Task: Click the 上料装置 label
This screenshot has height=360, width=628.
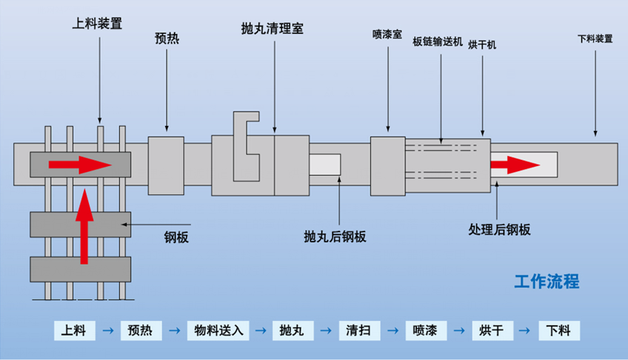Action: point(97,23)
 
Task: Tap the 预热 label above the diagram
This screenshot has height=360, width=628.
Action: point(166,38)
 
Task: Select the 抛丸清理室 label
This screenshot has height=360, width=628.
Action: point(272,29)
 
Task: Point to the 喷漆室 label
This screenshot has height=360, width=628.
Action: point(387,34)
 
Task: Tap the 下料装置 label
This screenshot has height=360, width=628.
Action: point(595,39)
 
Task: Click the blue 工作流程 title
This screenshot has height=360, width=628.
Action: point(547,282)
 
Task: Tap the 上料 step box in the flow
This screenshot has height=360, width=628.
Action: point(75,330)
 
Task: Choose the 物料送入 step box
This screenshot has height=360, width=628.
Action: point(215,330)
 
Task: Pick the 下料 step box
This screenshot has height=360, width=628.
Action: point(559,330)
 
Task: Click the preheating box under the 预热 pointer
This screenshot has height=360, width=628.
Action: point(166,165)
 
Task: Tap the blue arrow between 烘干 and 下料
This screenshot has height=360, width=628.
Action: point(525,330)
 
